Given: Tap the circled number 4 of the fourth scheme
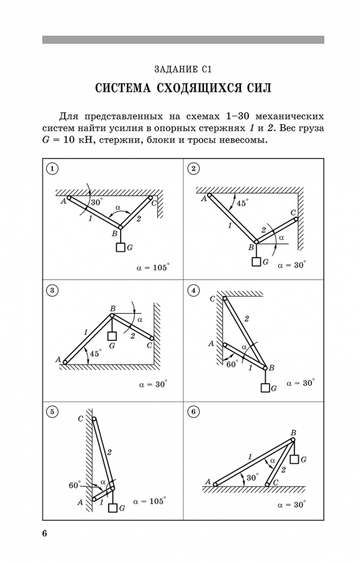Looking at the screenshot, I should tap(194, 291).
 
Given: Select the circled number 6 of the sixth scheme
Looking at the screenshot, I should tap(194, 412).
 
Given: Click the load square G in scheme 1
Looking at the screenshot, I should tap(121, 248).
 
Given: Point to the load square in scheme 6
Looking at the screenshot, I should tap(294, 459).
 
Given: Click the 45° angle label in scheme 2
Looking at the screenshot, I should tap(242, 203).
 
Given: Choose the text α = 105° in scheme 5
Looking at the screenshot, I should tap(150, 500).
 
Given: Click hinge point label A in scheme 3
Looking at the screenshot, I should tap(58, 359).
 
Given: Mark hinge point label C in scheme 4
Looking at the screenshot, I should tap(212, 299).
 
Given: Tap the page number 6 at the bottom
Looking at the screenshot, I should tap(45, 533).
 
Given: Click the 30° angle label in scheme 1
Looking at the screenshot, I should tap(97, 202).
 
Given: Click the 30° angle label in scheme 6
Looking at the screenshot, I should tap(253, 477).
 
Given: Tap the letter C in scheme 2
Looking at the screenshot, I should tap(293, 212).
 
